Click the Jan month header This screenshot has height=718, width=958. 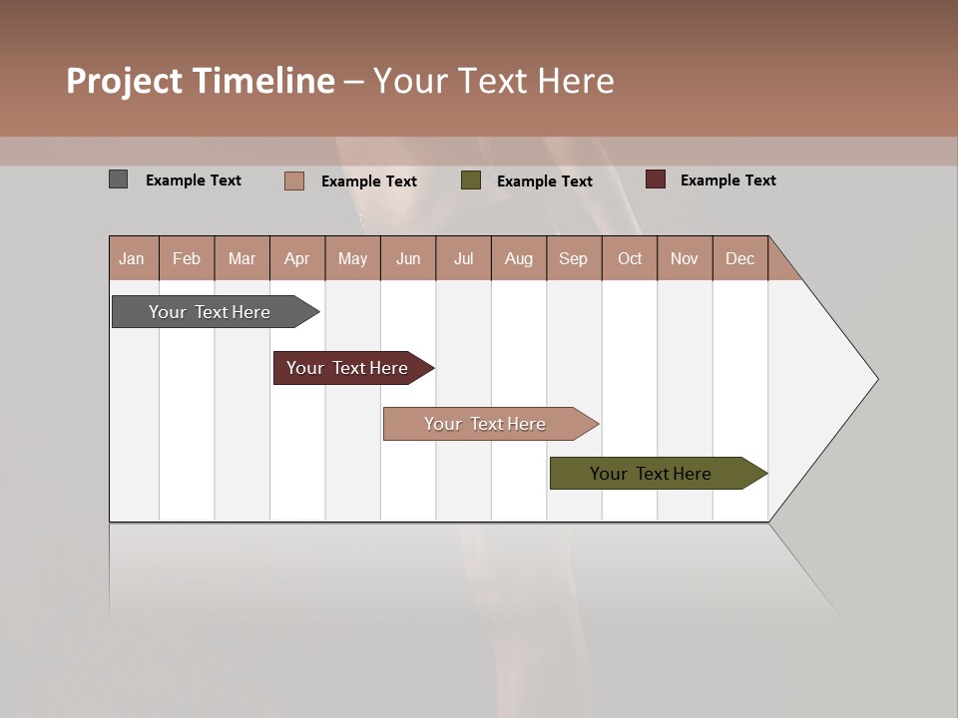pyautogui.click(x=132, y=258)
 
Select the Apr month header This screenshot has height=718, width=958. pyautogui.click(x=296, y=258)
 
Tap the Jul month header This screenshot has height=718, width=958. pyautogui.click(x=463, y=258)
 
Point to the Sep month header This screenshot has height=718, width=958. pyautogui.click(x=573, y=258)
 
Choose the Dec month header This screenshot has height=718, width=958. pyautogui.click(x=739, y=258)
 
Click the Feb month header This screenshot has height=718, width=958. pyautogui.click(x=187, y=258)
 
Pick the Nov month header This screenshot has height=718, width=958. pyautogui.click(x=684, y=258)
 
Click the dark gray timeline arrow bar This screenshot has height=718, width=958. pyautogui.click(x=211, y=312)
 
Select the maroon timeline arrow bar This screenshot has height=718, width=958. pyautogui.click(x=348, y=368)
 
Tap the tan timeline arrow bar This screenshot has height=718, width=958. pyautogui.click(x=486, y=424)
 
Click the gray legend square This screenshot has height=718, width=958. pyautogui.click(x=118, y=179)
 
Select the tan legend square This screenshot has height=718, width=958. pyautogui.click(x=294, y=180)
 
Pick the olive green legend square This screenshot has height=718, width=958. pyautogui.click(x=471, y=180)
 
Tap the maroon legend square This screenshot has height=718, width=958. pyautogui.click(x=655, y=179)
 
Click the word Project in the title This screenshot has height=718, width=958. pyautogui.click(x=123, y=81)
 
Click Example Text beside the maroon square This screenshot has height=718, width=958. pyautogui.click(x=727, y=180)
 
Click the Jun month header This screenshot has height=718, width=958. pyautogui.click(x=408, y=258)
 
